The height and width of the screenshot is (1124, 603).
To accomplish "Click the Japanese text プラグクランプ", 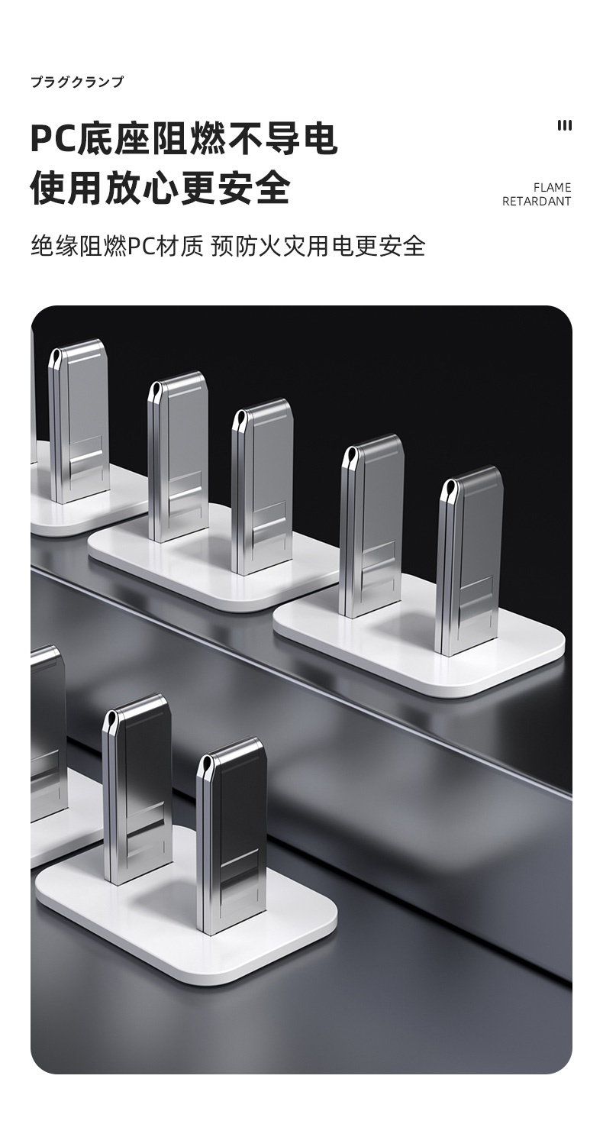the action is (x=77, y=82).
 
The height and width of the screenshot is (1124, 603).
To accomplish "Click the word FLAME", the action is (x=553, y=188).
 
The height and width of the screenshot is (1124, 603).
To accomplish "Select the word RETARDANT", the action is (x=537, y=202).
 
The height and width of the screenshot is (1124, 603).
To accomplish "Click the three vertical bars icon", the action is (x=565, y=125).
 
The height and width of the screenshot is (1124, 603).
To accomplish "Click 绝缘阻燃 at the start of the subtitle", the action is (x=79, y=247).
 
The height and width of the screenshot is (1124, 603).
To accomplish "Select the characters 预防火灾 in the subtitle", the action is (x=259, y=247).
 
